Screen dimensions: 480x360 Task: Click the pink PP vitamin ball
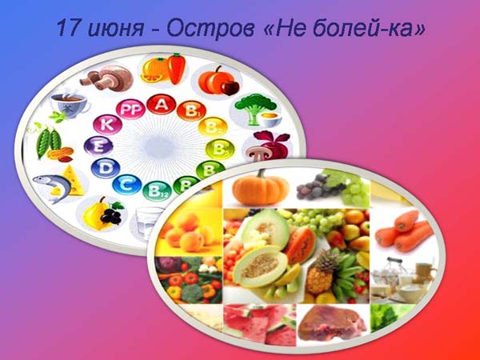(130, 110)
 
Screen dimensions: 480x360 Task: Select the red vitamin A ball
(162, 104)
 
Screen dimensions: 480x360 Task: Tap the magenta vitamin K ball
(107, 125)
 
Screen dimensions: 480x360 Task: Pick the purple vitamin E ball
(98, 146)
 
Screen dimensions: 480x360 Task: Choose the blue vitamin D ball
(106, 168)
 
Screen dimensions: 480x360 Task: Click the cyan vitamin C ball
(126, 184)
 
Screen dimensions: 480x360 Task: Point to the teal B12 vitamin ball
(157, 191)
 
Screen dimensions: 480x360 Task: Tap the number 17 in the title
(69, 28)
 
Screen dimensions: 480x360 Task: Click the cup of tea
(70, 102)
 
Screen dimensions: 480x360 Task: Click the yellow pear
(94, 214)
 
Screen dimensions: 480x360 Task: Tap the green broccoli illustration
(255, 109)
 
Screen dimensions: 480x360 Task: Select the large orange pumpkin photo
(261, 188)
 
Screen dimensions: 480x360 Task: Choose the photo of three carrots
(404, 230)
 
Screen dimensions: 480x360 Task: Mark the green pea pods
(49, 142)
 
